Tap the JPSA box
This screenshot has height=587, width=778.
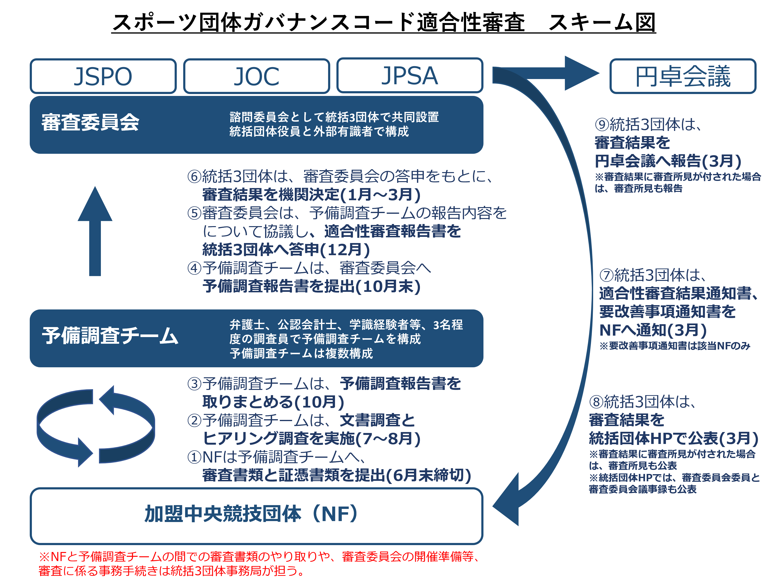click(x=410, y=76)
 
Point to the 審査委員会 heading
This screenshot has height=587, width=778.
click(x=90, y=122)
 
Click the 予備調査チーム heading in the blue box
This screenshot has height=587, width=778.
click(x=110, y=335)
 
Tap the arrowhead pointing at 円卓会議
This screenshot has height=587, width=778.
click(x=580, y=73)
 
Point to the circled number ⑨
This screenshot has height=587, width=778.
click(x=602, y=124)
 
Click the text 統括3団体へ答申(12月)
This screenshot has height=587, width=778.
click(x=286, y=250)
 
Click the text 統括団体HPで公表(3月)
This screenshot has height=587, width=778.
click(x=674, y=438)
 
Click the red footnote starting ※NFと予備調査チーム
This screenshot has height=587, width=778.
click(x=256, y=563)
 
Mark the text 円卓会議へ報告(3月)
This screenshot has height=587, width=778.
click(x=668, y=161)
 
